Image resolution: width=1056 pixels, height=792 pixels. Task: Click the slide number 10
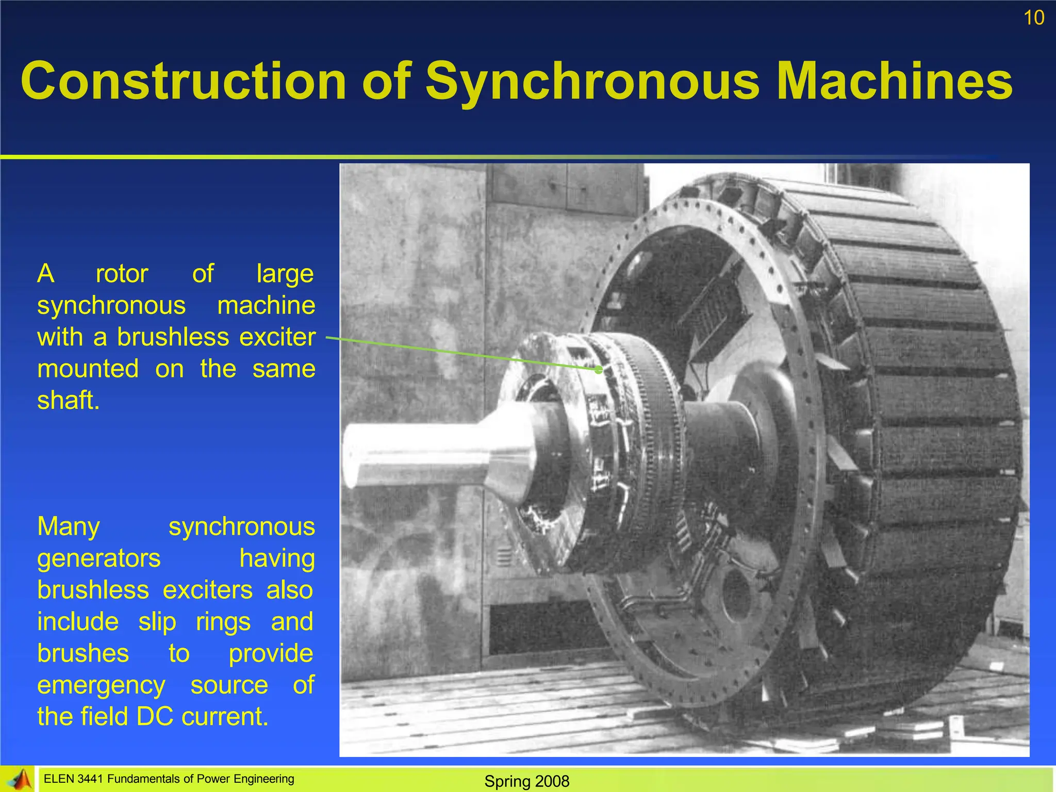(x=1034, y=18)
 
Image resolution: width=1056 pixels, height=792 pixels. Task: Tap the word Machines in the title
(x=894, y=81)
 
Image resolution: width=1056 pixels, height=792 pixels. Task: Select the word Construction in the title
(x=183, y=81)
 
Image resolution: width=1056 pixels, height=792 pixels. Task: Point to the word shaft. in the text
(x=68, y=400)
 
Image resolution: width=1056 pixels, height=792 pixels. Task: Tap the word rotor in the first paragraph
(x=122, y=273)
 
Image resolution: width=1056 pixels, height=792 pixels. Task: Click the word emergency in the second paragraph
(x=101, y=686)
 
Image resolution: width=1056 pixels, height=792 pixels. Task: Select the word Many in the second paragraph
(x=69, y=526)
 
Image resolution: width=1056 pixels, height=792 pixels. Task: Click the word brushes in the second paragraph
(x=83, y=653)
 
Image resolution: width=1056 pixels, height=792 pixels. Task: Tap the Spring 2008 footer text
(x=526, y=781)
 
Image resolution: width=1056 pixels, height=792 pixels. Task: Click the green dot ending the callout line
(x=599, y=370)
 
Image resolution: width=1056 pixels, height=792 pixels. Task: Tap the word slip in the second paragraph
(x=157, y=622)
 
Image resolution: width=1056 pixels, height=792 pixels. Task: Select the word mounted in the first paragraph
(x=88, y=369)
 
